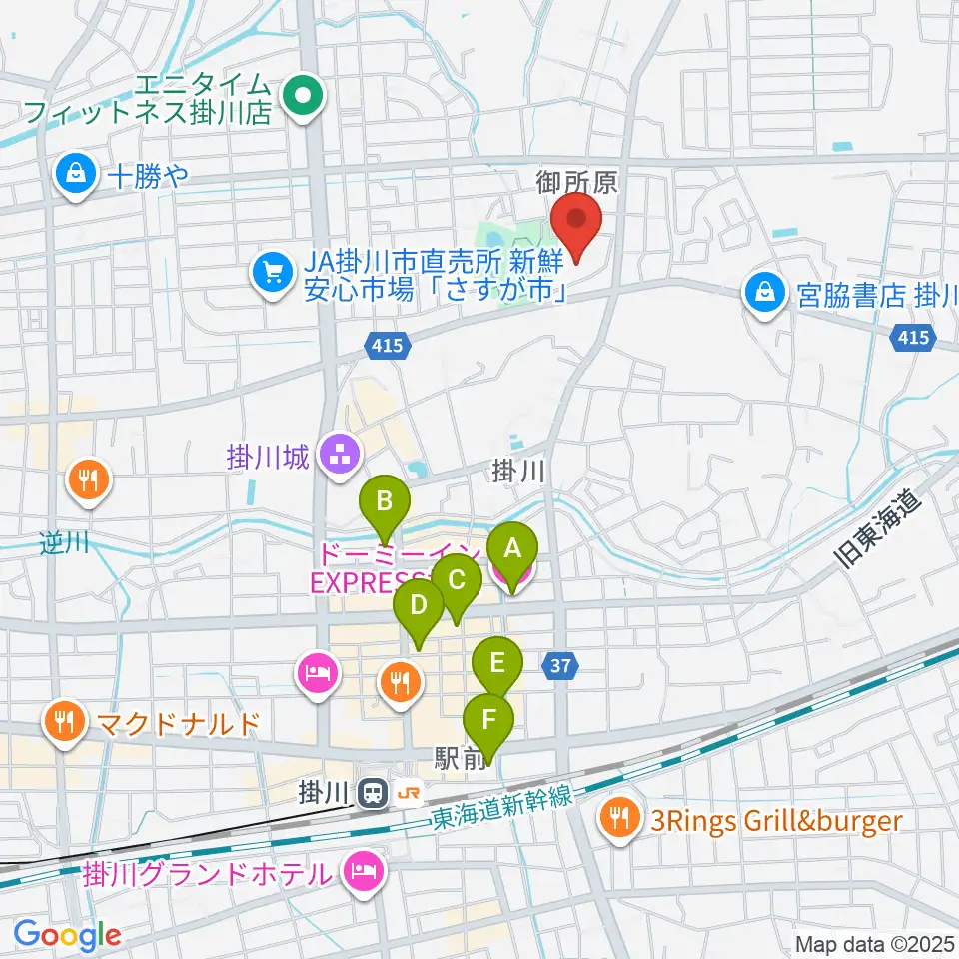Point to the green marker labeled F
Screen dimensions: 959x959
489,721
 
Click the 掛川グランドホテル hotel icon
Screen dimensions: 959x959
362,872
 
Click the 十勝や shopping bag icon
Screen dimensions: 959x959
76,178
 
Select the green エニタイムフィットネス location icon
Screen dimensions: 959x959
300,97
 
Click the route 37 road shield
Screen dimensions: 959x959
561,663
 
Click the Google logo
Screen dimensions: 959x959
66,935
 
